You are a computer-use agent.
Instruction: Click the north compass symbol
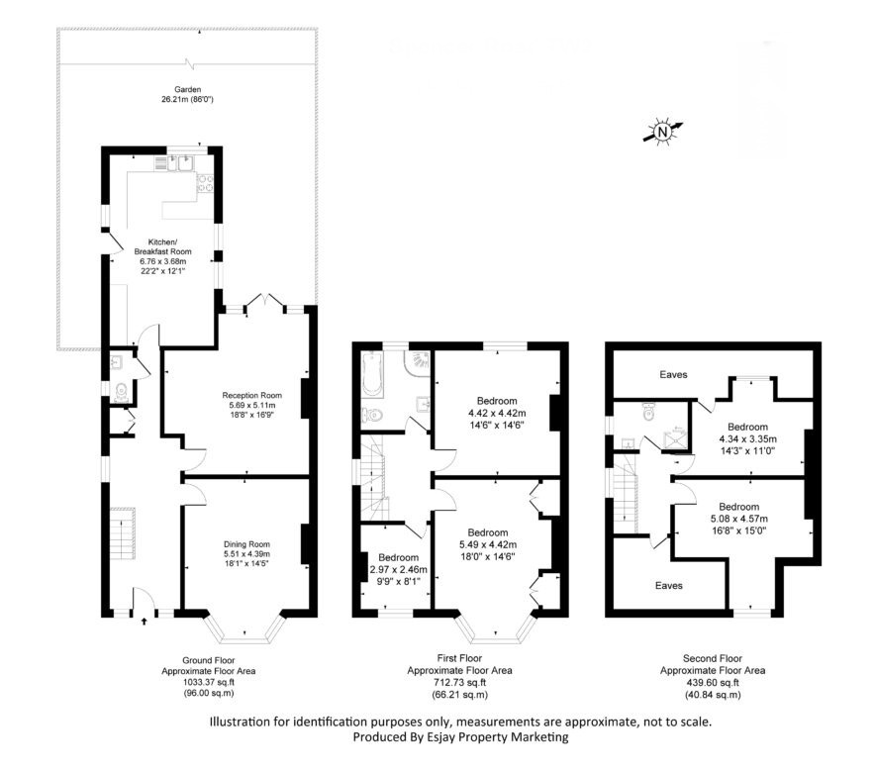pyautogui.click(x=662, y=132)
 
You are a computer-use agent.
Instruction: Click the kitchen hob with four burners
pyautogui.click(x=205, y=184)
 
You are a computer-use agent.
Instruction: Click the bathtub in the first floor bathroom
pyautogui.click(x=371, y=374)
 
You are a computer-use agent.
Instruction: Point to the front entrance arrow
pyautogui.click(x=145, y=620)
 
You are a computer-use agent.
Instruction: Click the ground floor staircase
pyautogui.click(x=123, y=533)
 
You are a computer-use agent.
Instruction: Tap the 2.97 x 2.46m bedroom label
pyautogui.click(x=398, y=569)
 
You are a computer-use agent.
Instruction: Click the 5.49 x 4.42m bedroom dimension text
pyautogui.click(x=488, y=544)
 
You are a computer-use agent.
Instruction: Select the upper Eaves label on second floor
pyautogui.click(x=673, y=374)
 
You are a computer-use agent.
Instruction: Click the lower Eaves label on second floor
pyautogui.click(x=669, y=585)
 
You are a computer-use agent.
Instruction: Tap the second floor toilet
pyautogui.click(x=648, y=411)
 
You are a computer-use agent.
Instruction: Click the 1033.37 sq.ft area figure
pyautogui.click(x=209, y=682)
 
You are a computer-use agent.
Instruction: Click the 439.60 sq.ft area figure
pyautogui.click(x=713, y=683)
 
